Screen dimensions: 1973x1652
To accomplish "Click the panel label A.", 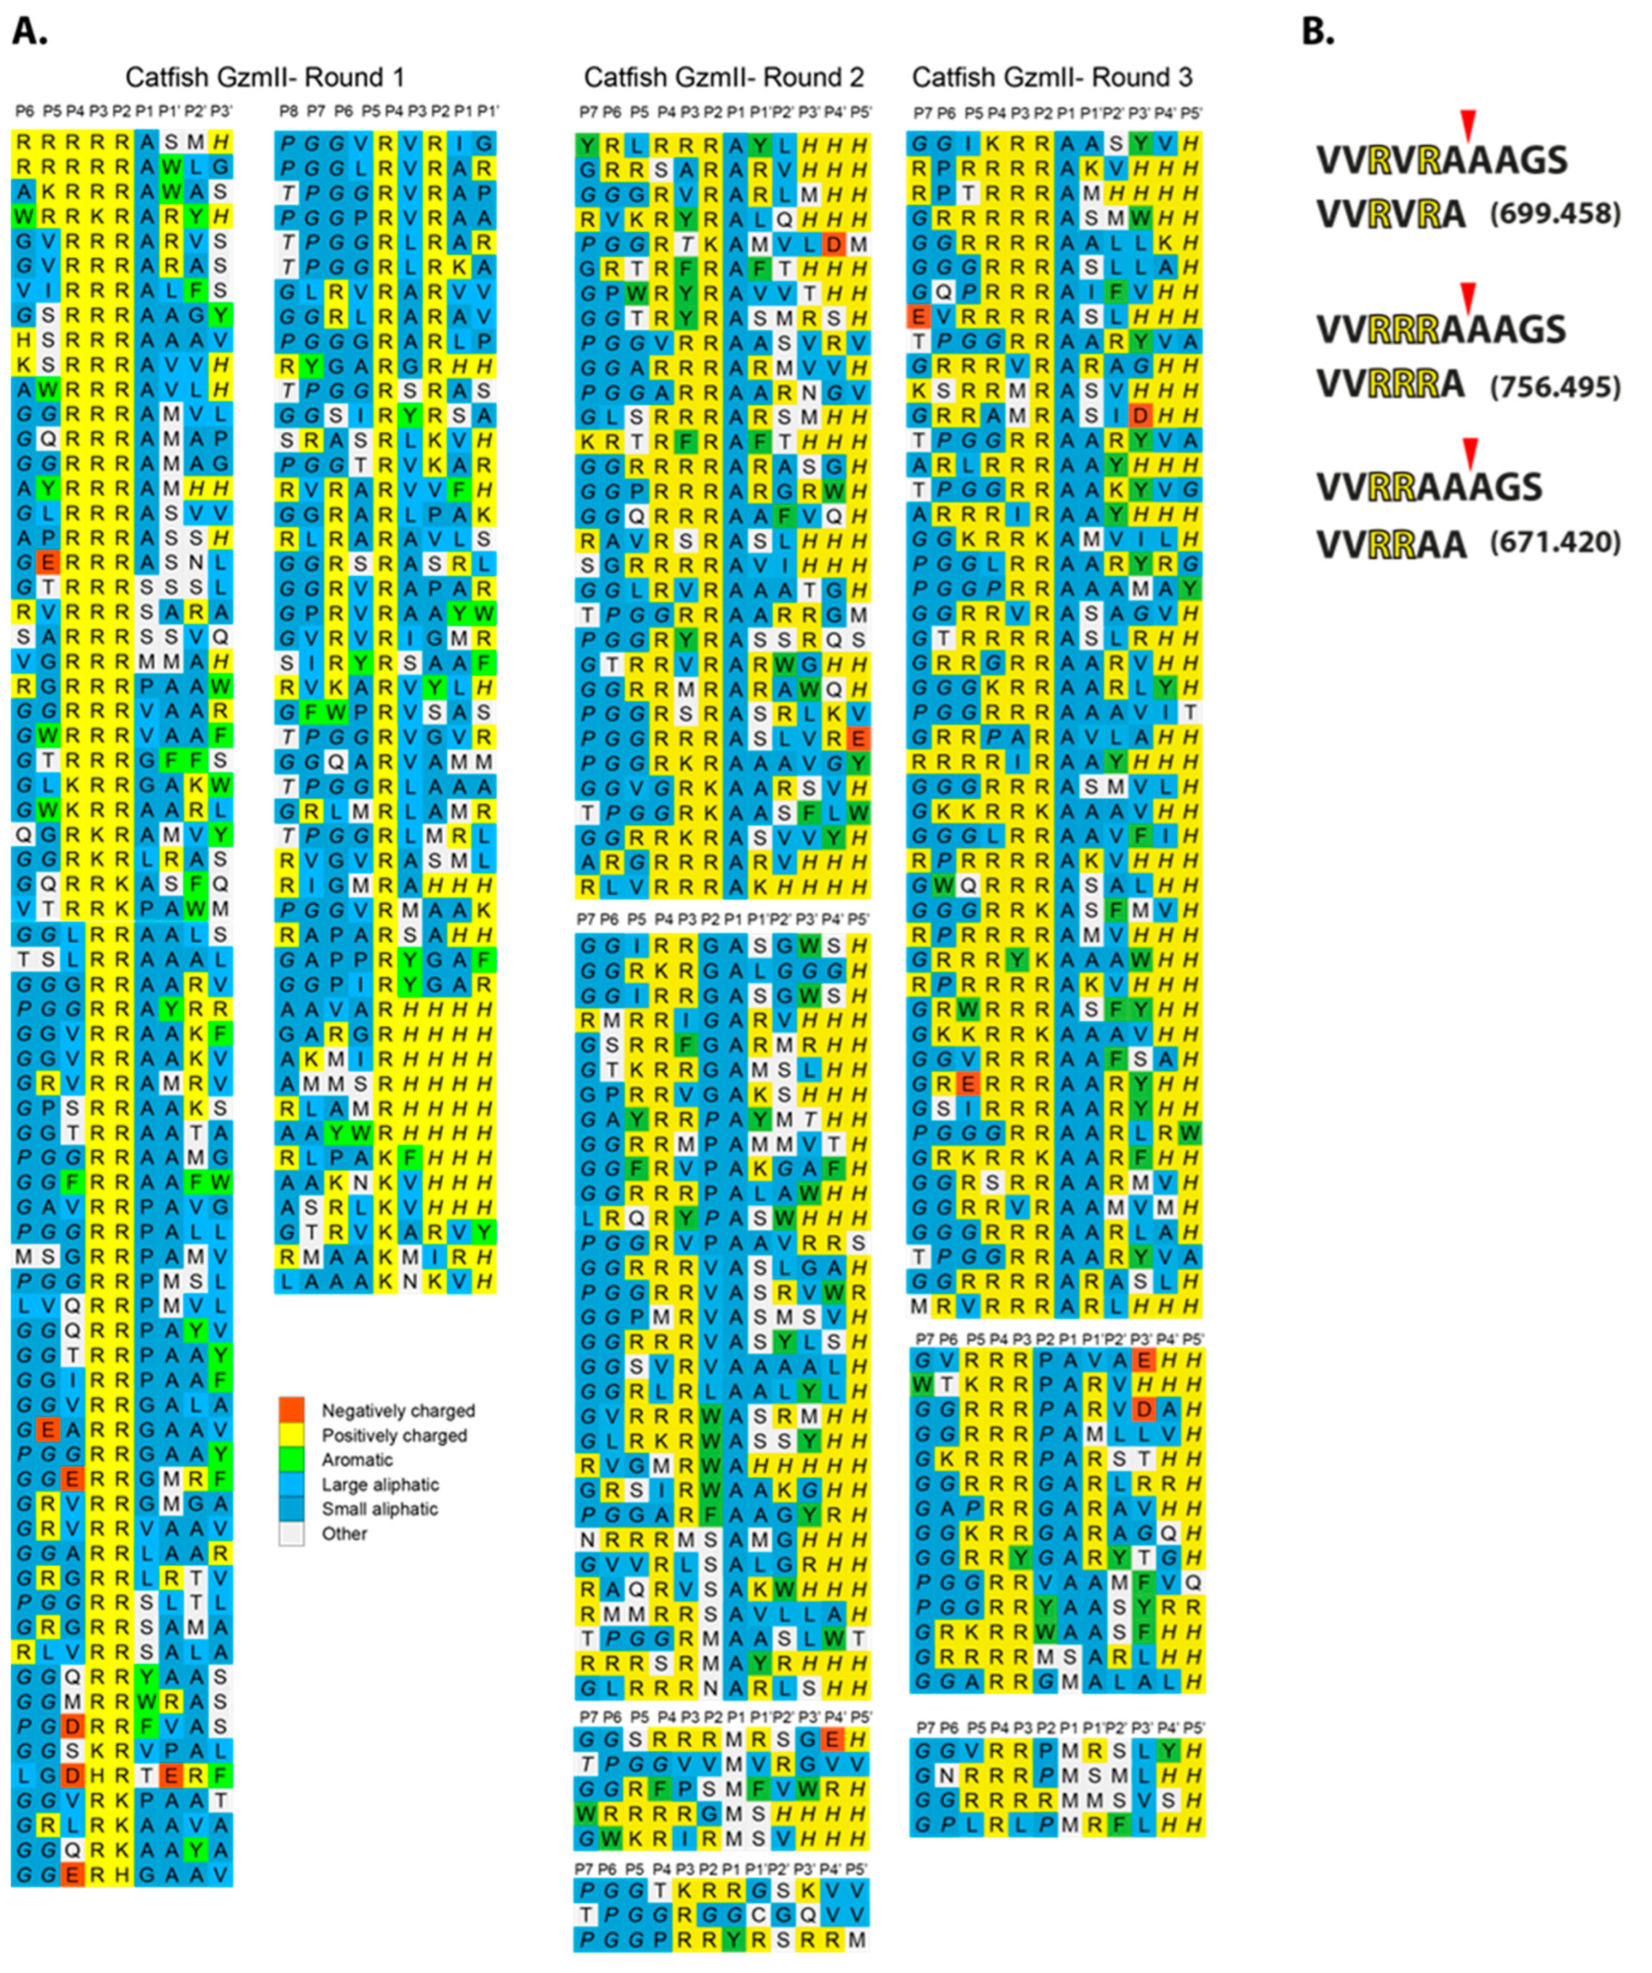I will click(x=29, y=32).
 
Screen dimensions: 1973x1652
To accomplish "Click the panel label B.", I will click(x=1318, y=32).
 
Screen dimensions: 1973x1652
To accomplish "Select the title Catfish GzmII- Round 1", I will click(x=265, y=77).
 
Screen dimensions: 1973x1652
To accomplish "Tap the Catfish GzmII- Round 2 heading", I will click(x=723, y=77).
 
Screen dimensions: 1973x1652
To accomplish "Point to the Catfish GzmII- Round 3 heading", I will click(x=1052, y=77).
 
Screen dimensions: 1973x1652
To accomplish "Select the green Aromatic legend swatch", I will click(x=291, y=1459).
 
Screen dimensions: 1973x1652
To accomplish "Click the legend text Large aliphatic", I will click(x=380, y=1484).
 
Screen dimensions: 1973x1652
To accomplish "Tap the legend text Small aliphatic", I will click(x=380, y=1509).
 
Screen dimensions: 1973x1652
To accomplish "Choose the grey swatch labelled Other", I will click(x=291, y=1534).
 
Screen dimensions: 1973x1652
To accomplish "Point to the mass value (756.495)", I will click(x=1555, y=386).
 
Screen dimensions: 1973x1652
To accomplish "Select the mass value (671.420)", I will click(x=1555, y=542).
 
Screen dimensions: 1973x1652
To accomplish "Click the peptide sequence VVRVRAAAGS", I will click(x=1442, y=160).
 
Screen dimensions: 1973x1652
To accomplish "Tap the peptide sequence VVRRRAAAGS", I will click(x=1442, y=330).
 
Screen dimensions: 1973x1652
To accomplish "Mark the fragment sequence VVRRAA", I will click(x=1391, y=544).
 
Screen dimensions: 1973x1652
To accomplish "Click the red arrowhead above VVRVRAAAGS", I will click(x=1469, y=122).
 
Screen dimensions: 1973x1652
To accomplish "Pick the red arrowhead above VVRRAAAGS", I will click(x=1471, y=451).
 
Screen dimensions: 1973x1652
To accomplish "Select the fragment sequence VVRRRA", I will click(x=1391, y=386).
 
